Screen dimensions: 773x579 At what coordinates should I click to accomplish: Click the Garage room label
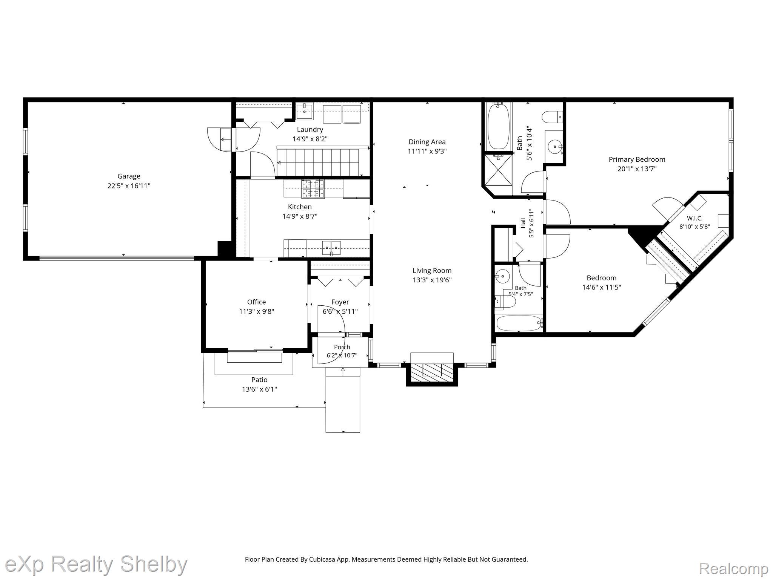coord(129,176)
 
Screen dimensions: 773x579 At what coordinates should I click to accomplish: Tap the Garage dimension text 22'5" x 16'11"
coord(129,186)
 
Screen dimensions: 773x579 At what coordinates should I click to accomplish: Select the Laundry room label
coord(310,130)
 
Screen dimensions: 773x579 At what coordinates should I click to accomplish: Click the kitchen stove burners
coord(313,189)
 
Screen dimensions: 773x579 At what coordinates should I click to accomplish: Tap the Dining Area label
coord(427,142)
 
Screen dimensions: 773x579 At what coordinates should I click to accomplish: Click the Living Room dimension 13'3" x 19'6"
coord(432,280)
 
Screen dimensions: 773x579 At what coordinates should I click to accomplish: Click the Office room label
coord(256,302)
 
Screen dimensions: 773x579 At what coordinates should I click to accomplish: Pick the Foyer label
coord(340,302)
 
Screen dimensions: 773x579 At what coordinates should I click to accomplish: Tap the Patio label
coord(259,380)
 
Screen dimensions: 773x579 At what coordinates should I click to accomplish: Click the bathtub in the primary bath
coord(498,127)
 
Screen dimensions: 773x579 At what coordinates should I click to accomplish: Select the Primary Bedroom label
coord(637,159)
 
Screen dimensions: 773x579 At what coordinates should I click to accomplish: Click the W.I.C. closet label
coord(694,219)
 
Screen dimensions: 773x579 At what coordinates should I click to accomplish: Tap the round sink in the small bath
coord(502,276)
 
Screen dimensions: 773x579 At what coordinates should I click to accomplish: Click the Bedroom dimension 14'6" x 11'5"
coord(602,287)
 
